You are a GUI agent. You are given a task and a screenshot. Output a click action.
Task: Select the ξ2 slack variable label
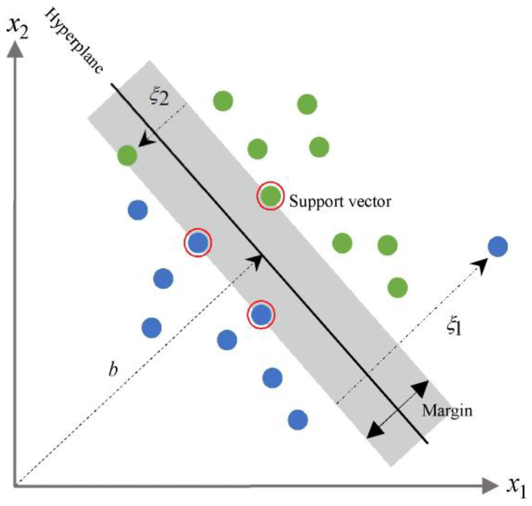point(159,97)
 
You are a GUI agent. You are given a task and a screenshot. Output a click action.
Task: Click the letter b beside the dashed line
point(113,368)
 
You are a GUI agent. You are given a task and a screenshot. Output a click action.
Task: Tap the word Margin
point(447,410)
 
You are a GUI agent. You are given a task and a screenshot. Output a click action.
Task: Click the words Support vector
point(340,201)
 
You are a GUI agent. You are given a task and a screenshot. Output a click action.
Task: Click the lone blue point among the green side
point(498,246)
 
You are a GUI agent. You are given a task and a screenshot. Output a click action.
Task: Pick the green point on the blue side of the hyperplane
point(127,155)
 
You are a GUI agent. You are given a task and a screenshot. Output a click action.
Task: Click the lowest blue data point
point(298,420)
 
